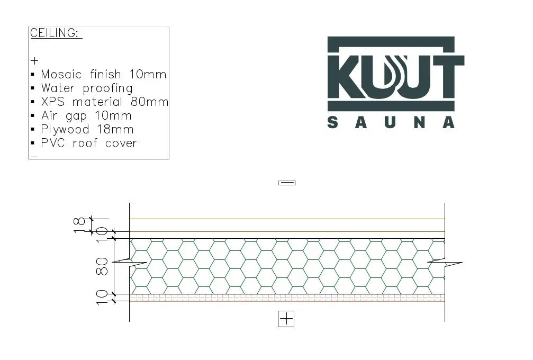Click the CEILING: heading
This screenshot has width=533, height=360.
click(x=56, y=33)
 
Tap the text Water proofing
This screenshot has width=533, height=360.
click(x=87, y=88)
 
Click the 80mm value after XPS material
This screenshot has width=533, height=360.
click(x=149, y=102)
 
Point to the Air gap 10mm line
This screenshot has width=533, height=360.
click(x=86, y=116)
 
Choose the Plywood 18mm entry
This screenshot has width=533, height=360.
click(x=87, y=130)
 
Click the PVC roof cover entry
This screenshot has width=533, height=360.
click(x=89, y=143)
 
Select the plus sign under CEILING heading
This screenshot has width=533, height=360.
click(x=34, y=61)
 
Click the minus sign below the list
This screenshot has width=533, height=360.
click(x=34, y=157)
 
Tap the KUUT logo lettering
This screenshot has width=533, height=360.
click(x=395, y=74)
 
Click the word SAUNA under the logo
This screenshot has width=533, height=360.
click(x=391, y=123)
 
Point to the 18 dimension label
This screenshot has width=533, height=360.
click(x=79, y=225)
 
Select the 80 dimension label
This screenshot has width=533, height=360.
click(x=103, y=266)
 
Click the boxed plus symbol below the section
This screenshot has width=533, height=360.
click(x=286, y=319)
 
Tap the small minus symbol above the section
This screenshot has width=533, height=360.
click(x=287, y=183)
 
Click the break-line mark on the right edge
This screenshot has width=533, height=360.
click(x=445, y=263)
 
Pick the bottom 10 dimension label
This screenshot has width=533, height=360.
click(x=103, y=298)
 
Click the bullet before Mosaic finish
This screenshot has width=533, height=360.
click(x=33, y=75)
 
